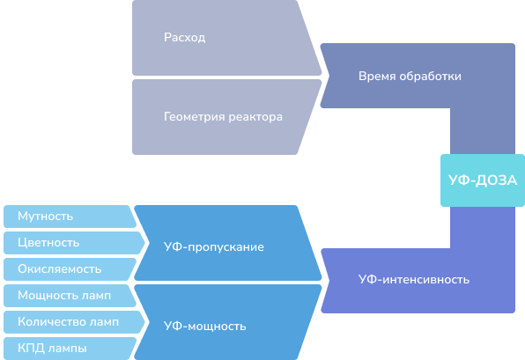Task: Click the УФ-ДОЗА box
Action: (x=483, y=180)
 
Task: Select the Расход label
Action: (x=184, y=38)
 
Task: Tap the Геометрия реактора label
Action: (x=223, y=117)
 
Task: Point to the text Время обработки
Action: (x=410, y=77)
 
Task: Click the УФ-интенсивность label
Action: (x=414, y=279)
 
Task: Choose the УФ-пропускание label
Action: (x=214, y=247)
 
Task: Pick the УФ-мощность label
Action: (x=205, y=326)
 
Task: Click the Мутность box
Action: (x=70, y=217)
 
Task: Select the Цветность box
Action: (x=74, y=243)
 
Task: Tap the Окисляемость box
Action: (x=70, y=269)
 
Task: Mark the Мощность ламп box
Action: (x=70, y=296)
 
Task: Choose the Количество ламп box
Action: (x=74, y=322)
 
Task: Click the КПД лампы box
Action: (x=70, y=349)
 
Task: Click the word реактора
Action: (x=255, y=117)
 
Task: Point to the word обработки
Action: (x=431, y=77)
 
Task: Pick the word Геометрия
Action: (x=194, y=117)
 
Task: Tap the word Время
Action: (x=377, y=77)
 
